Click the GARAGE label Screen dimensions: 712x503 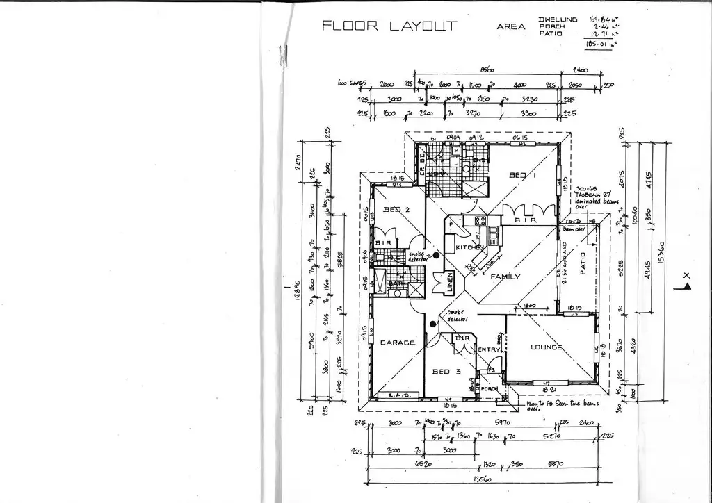(x=397, y=343)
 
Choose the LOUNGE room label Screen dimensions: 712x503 (x=547, y=347)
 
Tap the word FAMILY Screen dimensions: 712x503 (x=505, y=277)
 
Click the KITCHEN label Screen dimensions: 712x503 (x=469, y=248)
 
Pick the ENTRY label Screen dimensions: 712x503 (x=486, y=349)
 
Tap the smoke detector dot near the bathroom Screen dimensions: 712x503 (x=437, y=256)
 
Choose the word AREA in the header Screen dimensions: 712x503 (x=511, y=27)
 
